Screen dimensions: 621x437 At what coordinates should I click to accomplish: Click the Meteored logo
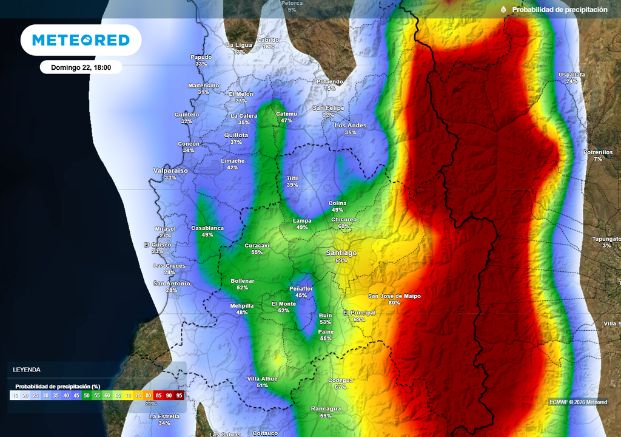[x=81, y=40]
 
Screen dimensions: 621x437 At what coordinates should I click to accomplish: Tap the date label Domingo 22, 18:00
[x=81, y=67]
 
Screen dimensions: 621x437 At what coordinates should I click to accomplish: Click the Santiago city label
[x=341, y=252]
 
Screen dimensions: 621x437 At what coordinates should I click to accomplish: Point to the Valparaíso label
[x=170, y=171]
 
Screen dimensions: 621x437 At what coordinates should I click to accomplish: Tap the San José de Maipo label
[x=394, y=296]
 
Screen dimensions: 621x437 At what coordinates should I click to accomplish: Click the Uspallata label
[x=572, y=75]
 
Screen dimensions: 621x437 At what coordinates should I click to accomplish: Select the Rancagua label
[x=326, y=408]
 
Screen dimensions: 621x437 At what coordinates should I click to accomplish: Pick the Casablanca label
[x=207, y=228]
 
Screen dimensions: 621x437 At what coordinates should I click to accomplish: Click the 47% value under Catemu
[x=286, y=121]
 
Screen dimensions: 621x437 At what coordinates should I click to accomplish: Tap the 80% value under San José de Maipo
[x=394, y=303]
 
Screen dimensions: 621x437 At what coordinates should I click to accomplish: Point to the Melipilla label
[x=242, y=305]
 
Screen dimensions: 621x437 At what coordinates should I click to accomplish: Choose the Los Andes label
[x=351, y=126]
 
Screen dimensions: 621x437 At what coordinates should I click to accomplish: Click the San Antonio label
[x=172, y=283]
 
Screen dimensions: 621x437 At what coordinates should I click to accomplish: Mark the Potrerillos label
[x=598, y=152]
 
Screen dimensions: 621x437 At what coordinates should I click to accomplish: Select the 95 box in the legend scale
[x=179, y=395]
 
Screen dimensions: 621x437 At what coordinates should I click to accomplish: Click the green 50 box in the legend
[x=86, y=395]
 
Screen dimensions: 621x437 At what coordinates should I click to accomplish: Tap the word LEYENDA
[x=27, y=369]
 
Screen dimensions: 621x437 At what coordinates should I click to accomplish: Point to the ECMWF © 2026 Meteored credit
[x=578, y=402]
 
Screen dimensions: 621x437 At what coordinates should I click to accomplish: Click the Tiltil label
[x=292, y=178]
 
